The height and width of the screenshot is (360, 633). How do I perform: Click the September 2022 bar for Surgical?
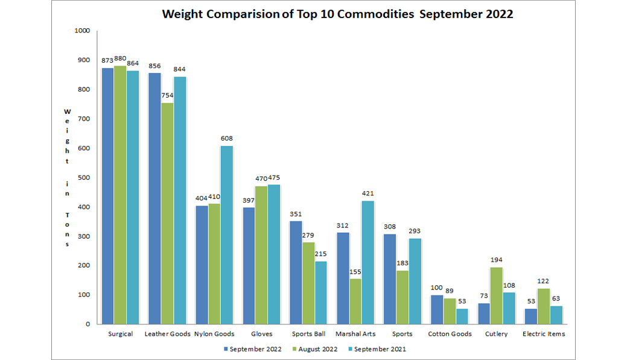pos(107,196)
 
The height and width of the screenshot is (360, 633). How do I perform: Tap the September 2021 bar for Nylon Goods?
pos(226,235)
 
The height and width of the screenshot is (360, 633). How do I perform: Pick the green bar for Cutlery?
pos(496,295)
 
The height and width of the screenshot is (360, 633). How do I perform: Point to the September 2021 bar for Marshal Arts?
pos(367,262)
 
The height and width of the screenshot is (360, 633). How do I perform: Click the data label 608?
pos(226,139)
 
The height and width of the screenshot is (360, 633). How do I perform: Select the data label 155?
pos(355,272)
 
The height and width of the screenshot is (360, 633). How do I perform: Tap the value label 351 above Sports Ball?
pos(296,214)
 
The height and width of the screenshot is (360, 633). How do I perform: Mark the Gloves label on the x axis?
pos(261,334)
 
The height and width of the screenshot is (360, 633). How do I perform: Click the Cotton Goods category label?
pos(450,334)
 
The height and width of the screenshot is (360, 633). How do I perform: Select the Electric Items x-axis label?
pos(544,334)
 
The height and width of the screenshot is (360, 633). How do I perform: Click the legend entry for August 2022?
pos(316,349)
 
